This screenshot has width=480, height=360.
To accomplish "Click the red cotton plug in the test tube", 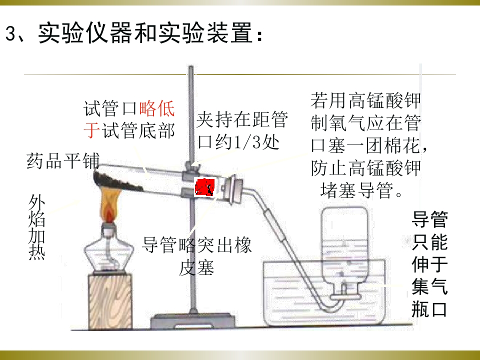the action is point(205,187).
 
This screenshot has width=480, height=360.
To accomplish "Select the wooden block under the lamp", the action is point(110,301).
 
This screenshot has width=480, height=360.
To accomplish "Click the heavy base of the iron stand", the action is point(192,321).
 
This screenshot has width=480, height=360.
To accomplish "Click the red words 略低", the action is point(156,108).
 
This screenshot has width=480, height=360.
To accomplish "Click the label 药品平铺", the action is point(63,161).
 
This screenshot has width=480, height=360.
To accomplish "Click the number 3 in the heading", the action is point(11,33).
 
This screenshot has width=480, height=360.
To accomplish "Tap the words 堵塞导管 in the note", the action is point(357,190).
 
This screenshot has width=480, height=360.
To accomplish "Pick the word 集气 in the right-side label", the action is point(430,286).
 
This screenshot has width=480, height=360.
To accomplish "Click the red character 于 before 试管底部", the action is point(91,130).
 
